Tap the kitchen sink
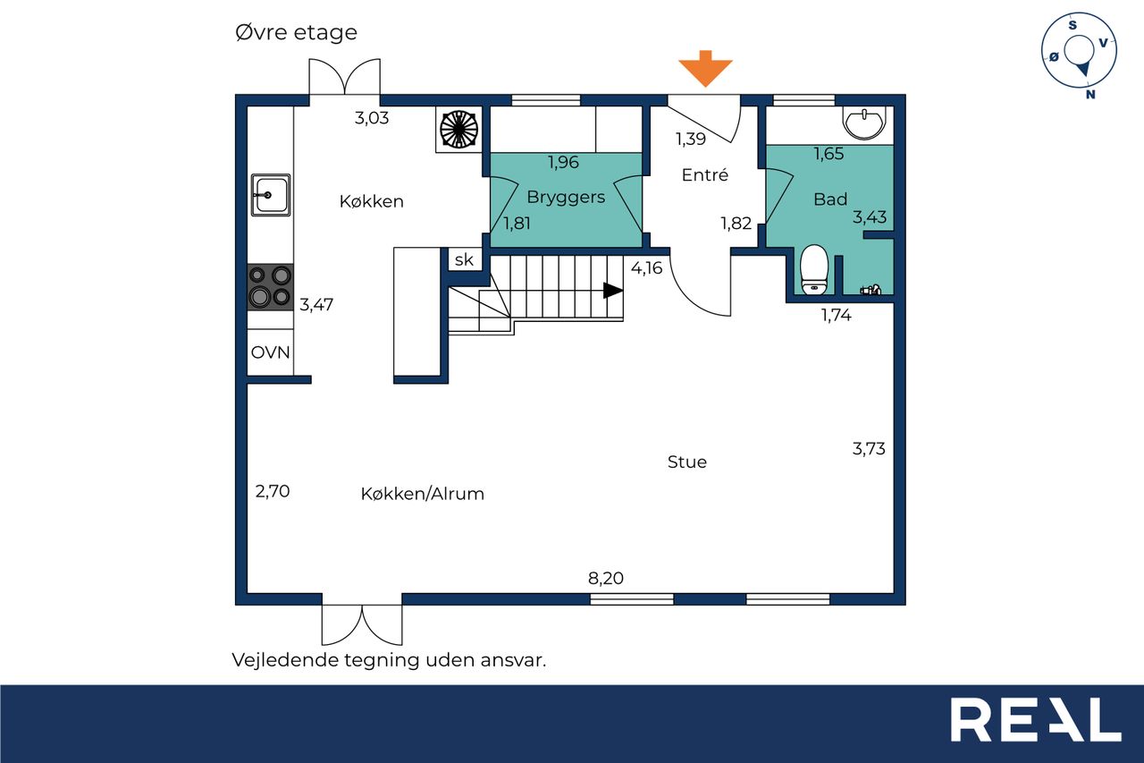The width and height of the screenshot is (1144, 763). (271, 195)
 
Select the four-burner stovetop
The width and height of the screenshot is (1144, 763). (270, 287)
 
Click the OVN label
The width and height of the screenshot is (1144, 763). (270, 352)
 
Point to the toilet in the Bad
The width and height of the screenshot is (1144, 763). (814, 270)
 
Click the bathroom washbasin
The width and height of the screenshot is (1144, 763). (864, 123)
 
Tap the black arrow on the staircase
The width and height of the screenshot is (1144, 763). (613, 291)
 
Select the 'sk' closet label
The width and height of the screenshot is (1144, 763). (464, 259)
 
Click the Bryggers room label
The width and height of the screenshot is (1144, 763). (566, 198)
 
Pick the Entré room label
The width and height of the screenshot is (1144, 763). (705, 174)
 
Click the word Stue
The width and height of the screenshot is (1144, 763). (687, 462)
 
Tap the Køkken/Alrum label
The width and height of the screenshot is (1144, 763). (423, 494)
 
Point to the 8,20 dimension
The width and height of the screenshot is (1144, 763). (606, 578)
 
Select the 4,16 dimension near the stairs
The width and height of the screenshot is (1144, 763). (646, 267)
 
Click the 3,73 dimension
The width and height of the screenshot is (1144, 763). (869, 449)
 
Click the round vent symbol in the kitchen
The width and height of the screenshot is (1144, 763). (458, 130)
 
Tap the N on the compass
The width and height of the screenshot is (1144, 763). (1090, 94)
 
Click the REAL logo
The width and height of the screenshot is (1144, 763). (1036, 719)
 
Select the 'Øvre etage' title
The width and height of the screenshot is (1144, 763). (296, 32)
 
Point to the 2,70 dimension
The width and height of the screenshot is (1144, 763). (273, 491)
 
